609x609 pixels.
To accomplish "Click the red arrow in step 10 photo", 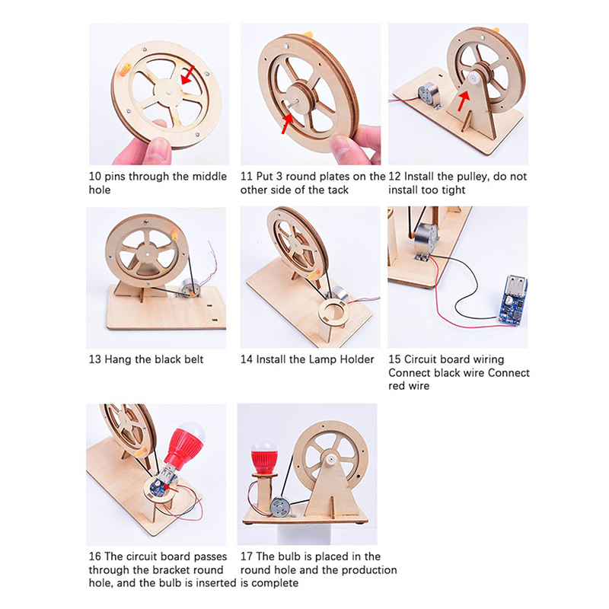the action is (x=188, y=75).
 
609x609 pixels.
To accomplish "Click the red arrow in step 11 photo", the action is (x=287, y=123).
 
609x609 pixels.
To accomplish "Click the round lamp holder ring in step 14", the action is (x=333, y=311).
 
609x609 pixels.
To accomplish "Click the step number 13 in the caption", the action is (x=94, y=359).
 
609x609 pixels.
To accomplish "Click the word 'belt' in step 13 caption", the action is (x=194, y=359).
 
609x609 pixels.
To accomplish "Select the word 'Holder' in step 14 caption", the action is (x=357, y=359).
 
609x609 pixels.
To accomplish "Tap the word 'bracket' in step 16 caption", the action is (x=169, y=569).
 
